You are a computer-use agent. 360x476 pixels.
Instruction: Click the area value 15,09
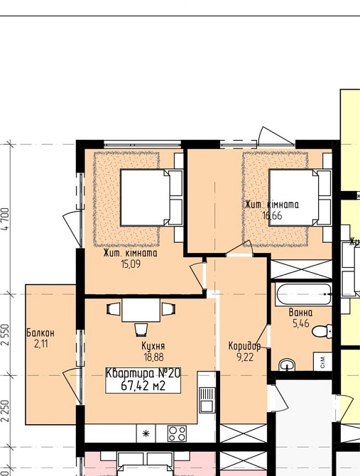(131, 264)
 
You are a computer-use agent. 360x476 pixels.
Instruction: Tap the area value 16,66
(272, 215)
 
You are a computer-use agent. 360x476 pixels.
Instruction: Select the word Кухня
(153, 346)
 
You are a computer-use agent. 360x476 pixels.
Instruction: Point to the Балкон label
(40, 333)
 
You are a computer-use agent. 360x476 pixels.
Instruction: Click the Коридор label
(244, 346)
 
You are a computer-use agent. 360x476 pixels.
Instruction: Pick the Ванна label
(300, 313)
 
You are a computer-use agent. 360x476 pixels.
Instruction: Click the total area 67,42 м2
(143, 386)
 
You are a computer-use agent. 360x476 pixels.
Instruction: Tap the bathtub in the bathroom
(304, 294)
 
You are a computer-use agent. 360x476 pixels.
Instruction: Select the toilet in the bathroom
(322, 331)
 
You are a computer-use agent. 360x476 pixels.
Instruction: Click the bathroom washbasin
(287, 364)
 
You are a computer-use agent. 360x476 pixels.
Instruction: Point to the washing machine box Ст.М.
(322, 362)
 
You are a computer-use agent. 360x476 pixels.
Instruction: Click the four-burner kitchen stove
(177, 433)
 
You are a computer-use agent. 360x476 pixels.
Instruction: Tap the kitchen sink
(207, 400)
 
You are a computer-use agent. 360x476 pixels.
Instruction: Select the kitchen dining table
(141, 310)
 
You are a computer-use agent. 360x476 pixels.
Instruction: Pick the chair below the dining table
(141, 330)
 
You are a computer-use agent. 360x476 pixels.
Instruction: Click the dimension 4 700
(6, 220)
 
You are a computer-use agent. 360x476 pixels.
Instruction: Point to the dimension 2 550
(6, 335)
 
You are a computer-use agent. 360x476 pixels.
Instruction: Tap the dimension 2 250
(6, 411)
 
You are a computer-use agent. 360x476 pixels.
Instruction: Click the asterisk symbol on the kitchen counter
(146, 433)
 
